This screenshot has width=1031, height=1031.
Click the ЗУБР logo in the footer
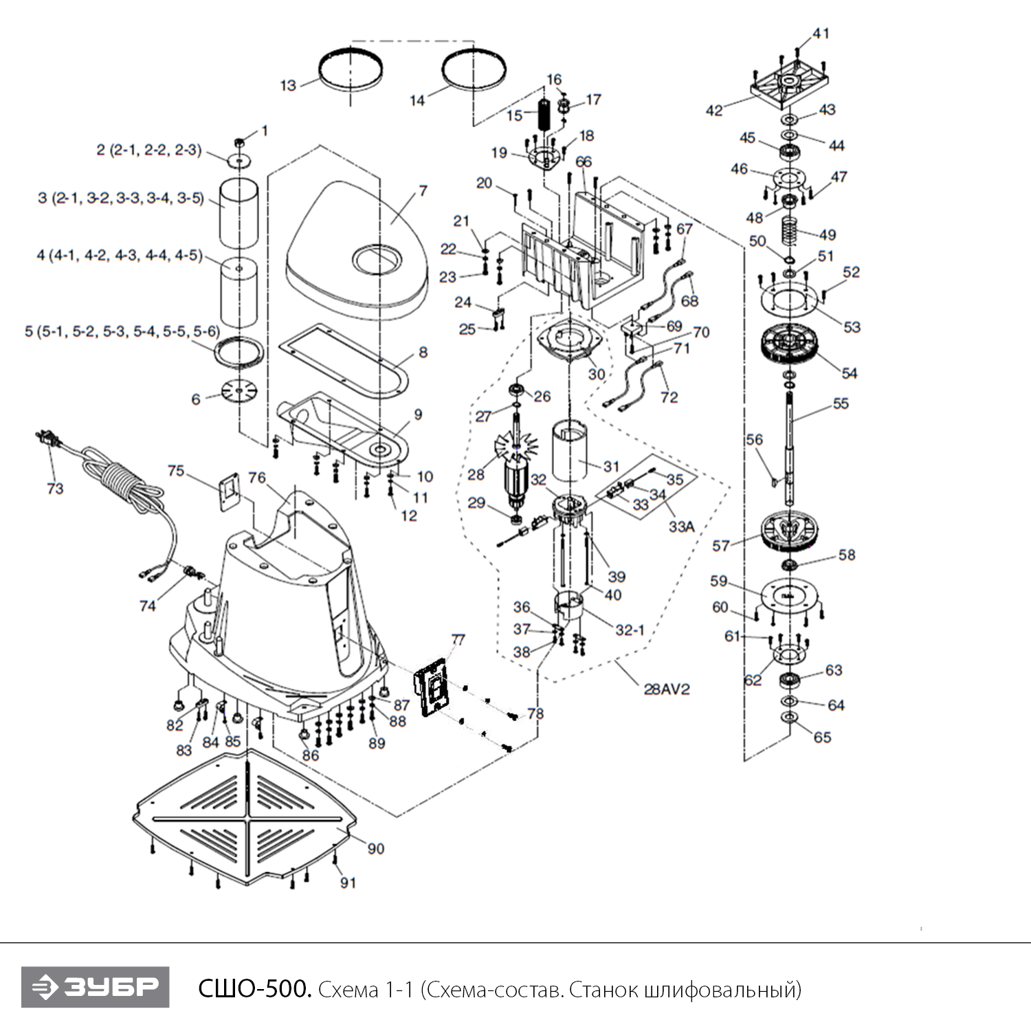[95, 987]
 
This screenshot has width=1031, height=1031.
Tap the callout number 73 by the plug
[55, 488]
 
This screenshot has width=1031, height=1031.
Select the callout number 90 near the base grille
[375, 849]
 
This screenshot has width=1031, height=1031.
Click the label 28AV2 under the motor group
[666, 689]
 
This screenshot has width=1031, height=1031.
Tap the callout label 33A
[681, 526]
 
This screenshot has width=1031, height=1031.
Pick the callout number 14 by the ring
[417, 100]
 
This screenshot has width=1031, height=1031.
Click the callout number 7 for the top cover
[423, 190]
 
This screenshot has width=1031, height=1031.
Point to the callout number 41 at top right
[821, 33]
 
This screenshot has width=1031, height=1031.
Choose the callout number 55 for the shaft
[841, 403]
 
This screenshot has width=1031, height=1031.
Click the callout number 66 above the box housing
[583, 162]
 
